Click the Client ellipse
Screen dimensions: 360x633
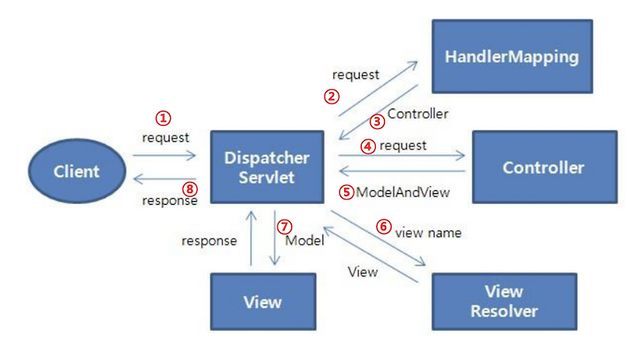click(x=77, y=171)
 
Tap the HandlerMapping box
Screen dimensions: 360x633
click(x=511, y=57)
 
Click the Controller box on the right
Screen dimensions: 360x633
click(x=544, y=168)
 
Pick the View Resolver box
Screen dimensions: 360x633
click(x=504, y=301)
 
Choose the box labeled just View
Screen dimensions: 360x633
click(x=262, y=302)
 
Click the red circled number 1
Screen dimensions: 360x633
click(x=163, y=118)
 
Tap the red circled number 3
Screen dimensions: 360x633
click(x=377, y=121)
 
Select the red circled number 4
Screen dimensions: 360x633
click(x=367, y=146)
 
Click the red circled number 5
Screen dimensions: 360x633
click(x=345, y=191)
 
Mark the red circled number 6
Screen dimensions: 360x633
click(x=384, y=226)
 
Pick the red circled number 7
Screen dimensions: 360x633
click(x=285, y=226)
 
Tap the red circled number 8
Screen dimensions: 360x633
click(x=188, y=188)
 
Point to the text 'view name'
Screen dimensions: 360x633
click(x=428, y=233)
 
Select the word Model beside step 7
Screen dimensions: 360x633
click(x=305, y=240)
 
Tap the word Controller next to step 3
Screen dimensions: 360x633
click(x=417, y=114)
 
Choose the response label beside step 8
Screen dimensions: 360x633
click(x=169, y=201)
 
